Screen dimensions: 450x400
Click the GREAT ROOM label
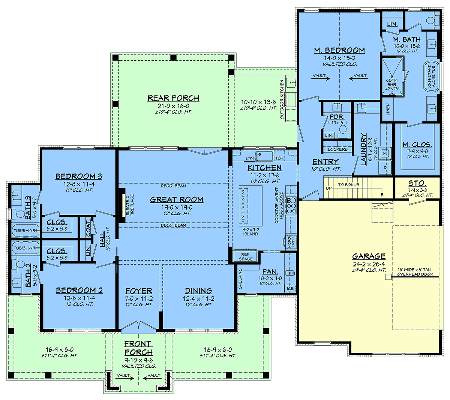[x=177, y=199]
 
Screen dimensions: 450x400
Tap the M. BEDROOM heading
[x=339, y=50]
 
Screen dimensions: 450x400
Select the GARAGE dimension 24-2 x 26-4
[x=369, y=264]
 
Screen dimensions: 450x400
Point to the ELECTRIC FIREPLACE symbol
[x=122, y=205]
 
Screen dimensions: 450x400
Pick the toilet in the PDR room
[x=343, y=130]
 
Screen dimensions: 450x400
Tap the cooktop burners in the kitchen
[x=291, y=205]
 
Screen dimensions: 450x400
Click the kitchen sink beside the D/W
[x=264, y=156]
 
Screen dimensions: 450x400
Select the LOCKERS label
[x=337, y=149]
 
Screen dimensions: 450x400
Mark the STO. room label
[x=417, y=183]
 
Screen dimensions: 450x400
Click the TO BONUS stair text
[x=348, y=185]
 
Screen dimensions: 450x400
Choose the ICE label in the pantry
[x=290, y=289]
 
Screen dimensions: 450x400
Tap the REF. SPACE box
[x=245, y=256]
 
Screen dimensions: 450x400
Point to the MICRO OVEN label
[x=291, y=242]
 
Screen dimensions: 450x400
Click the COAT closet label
[x=88, y=228]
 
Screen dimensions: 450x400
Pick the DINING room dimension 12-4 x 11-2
[x=199, y=298]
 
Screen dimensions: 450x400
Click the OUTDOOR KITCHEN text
[x=282, y=99]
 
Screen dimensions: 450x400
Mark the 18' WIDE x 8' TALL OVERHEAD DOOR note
[x=415, y=272]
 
